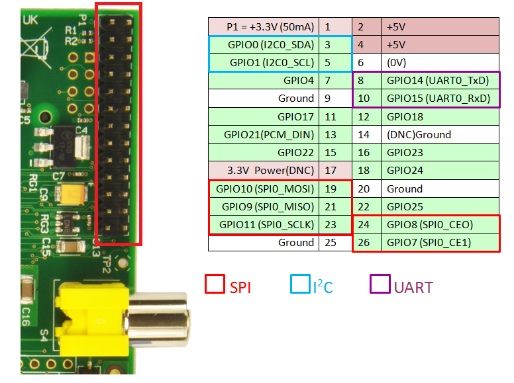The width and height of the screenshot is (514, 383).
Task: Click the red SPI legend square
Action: pos(215,284)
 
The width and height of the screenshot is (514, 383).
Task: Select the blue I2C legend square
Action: pos(300,284)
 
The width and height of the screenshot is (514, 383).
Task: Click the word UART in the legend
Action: pos(413,288)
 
